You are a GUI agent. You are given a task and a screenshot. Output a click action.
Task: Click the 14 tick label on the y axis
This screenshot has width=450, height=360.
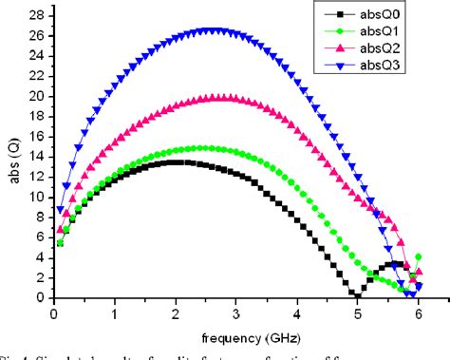point(35,157)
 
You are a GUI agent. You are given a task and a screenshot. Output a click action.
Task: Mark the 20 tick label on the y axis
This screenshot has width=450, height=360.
point(35,97)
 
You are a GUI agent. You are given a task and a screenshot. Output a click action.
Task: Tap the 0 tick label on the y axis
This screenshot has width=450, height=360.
point(38,297)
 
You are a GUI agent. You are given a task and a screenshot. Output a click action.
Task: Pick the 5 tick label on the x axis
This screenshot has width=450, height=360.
point(357,312)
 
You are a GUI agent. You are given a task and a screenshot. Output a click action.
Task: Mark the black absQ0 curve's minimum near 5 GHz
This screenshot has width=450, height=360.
point(357,295)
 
